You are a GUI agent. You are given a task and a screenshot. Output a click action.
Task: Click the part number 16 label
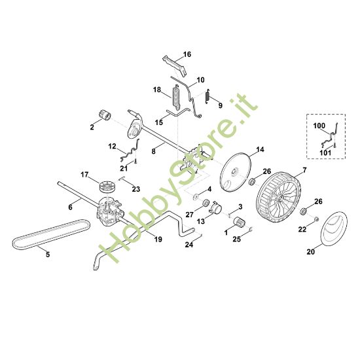point(187,54)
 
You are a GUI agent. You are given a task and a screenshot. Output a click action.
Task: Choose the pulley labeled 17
point(107,187)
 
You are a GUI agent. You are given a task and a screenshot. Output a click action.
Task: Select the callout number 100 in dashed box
point(318,124)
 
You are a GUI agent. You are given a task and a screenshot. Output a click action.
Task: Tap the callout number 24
point(189,245)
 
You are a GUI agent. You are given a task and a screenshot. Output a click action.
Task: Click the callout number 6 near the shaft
point(70,207)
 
